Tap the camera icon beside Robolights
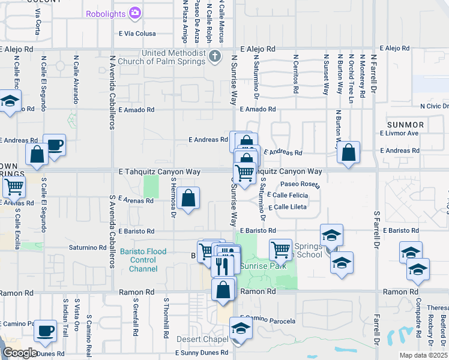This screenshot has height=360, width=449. tap(136, 13)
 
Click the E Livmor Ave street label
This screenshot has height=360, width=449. tap(399, 133)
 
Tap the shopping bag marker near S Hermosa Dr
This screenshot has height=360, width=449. tap(188, 198)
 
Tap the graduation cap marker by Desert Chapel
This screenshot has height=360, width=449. tap(241, 329)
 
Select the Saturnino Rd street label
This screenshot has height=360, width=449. tap(87, 247)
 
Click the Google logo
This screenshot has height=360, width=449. tap(19, 353)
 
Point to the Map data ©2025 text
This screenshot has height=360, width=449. tap(424, 355)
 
